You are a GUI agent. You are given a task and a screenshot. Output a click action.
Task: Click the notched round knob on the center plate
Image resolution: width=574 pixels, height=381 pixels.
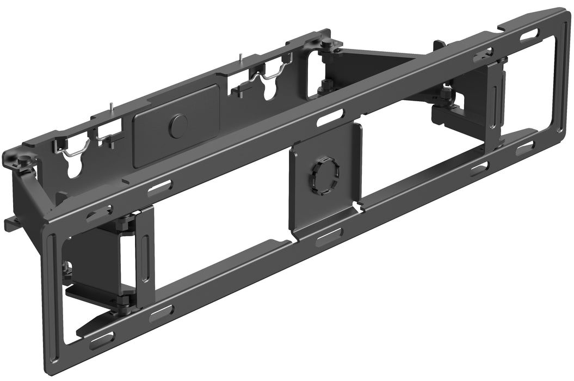[324, 174]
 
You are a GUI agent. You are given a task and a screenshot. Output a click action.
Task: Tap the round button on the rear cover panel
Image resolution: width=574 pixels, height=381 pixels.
[177, 126]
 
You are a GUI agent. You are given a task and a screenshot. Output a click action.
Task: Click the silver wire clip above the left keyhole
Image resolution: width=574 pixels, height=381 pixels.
[75, 150]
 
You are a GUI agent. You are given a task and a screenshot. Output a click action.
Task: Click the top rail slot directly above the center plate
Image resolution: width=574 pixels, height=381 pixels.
[331, 117]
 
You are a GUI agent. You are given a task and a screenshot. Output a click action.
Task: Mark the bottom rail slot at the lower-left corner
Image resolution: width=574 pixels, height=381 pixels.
[102, 341]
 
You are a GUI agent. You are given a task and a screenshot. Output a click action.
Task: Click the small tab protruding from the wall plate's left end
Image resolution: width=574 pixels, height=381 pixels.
[11, 222]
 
